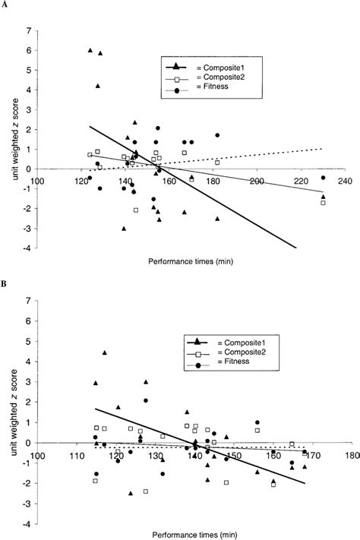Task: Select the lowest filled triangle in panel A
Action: pyautogui.click(x=123, y=228)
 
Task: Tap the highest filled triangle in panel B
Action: pyautogui.click(x=104, y=353)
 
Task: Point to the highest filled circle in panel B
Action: pyautogui.click(x=145, y=400)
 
